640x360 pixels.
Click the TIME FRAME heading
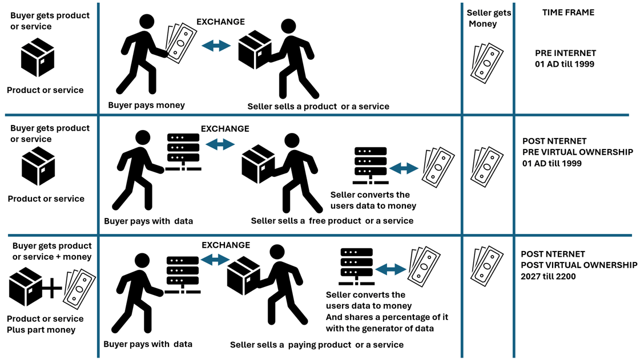pyautogui.click(x=568, y=13)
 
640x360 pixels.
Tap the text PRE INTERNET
pyautogui.click(x=565, y=53)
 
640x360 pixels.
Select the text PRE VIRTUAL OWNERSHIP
pyautogui.click(x=578, y=152)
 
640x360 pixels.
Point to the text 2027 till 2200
pyautogui.click(x=548, y=277)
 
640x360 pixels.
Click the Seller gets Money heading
pyautogui.click(x=489, y=18)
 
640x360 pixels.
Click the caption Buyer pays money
pyautogui.click(x=146, y=105)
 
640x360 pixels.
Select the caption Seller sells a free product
pyautogui.click(x=332, y=221)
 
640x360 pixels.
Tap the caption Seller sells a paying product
pyautogui.click(x=316, y=345)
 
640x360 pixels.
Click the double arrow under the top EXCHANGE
pyautogui.click(x=216, y=46)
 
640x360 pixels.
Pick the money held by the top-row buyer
pyautogui.click(x=180, y=42)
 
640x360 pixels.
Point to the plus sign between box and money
pyautogui.click(x=53, y=289)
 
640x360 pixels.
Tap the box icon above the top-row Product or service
pyautogui.click(x=38, y=58)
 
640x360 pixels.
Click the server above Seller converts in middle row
pyautogui.click(x=371, y=165)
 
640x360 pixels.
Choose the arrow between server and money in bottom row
pyautogui.click(x=391, y=269)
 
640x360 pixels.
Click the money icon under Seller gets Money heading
pyautogui.click(x=487, y=63)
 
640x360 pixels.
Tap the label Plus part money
pyautogui.click(x=41, y=330)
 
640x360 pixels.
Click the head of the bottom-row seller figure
pyautogui.click(x=277, y=252)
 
